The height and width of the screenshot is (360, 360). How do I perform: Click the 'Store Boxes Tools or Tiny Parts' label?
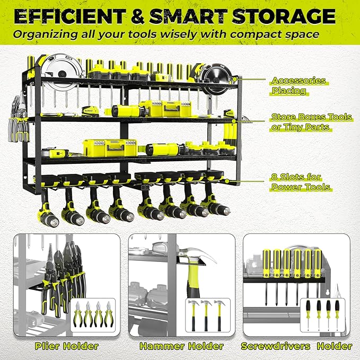click(x=311, y=121)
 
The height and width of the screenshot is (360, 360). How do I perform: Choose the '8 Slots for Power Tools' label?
click(x=301, y=182)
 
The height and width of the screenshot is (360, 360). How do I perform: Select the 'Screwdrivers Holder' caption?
click(x=296, y=346)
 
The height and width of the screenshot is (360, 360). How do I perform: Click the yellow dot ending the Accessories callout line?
click(x=234, y=80)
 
